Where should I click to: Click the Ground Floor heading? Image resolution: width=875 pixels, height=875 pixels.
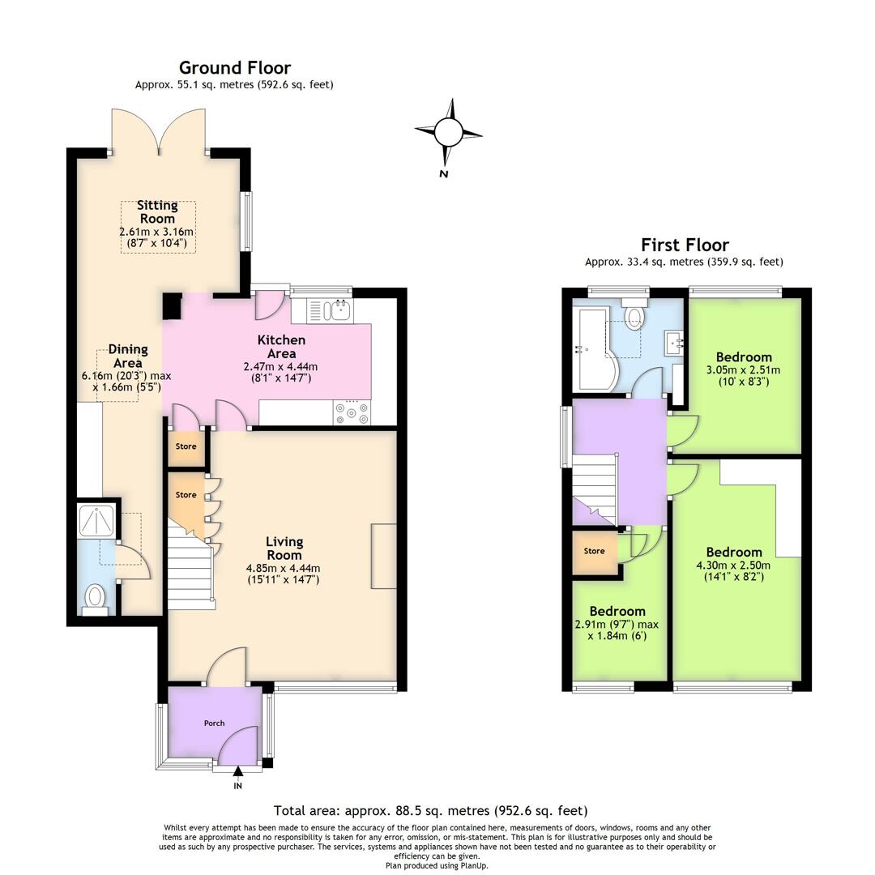coord(234,68)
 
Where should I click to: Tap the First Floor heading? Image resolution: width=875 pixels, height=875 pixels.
coord(685,245)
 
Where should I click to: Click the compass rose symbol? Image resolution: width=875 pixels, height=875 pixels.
coord(447,132)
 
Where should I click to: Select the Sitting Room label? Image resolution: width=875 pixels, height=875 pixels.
coord(157,211)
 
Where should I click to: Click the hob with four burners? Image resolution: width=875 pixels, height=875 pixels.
coord(352,412)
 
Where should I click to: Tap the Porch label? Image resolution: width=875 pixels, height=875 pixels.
coord(214,723)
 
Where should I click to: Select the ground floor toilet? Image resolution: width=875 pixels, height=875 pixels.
coord(96,599)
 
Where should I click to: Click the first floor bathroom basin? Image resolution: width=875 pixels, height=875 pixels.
coord(674,344)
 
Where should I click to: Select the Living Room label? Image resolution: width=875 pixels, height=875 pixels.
coord(284,548)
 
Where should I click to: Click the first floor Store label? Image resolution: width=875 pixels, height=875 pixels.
coord(594,551)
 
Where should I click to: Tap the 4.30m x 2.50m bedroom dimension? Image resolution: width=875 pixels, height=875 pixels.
coord(734,565)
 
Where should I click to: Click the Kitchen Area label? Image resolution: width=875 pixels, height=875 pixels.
coord(281,346)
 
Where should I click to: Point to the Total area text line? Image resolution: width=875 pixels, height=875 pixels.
coord(430,810)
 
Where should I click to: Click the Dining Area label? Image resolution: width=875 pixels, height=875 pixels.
coord(128,356)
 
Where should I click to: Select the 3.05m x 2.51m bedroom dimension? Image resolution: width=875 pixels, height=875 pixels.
coord(743,369)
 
